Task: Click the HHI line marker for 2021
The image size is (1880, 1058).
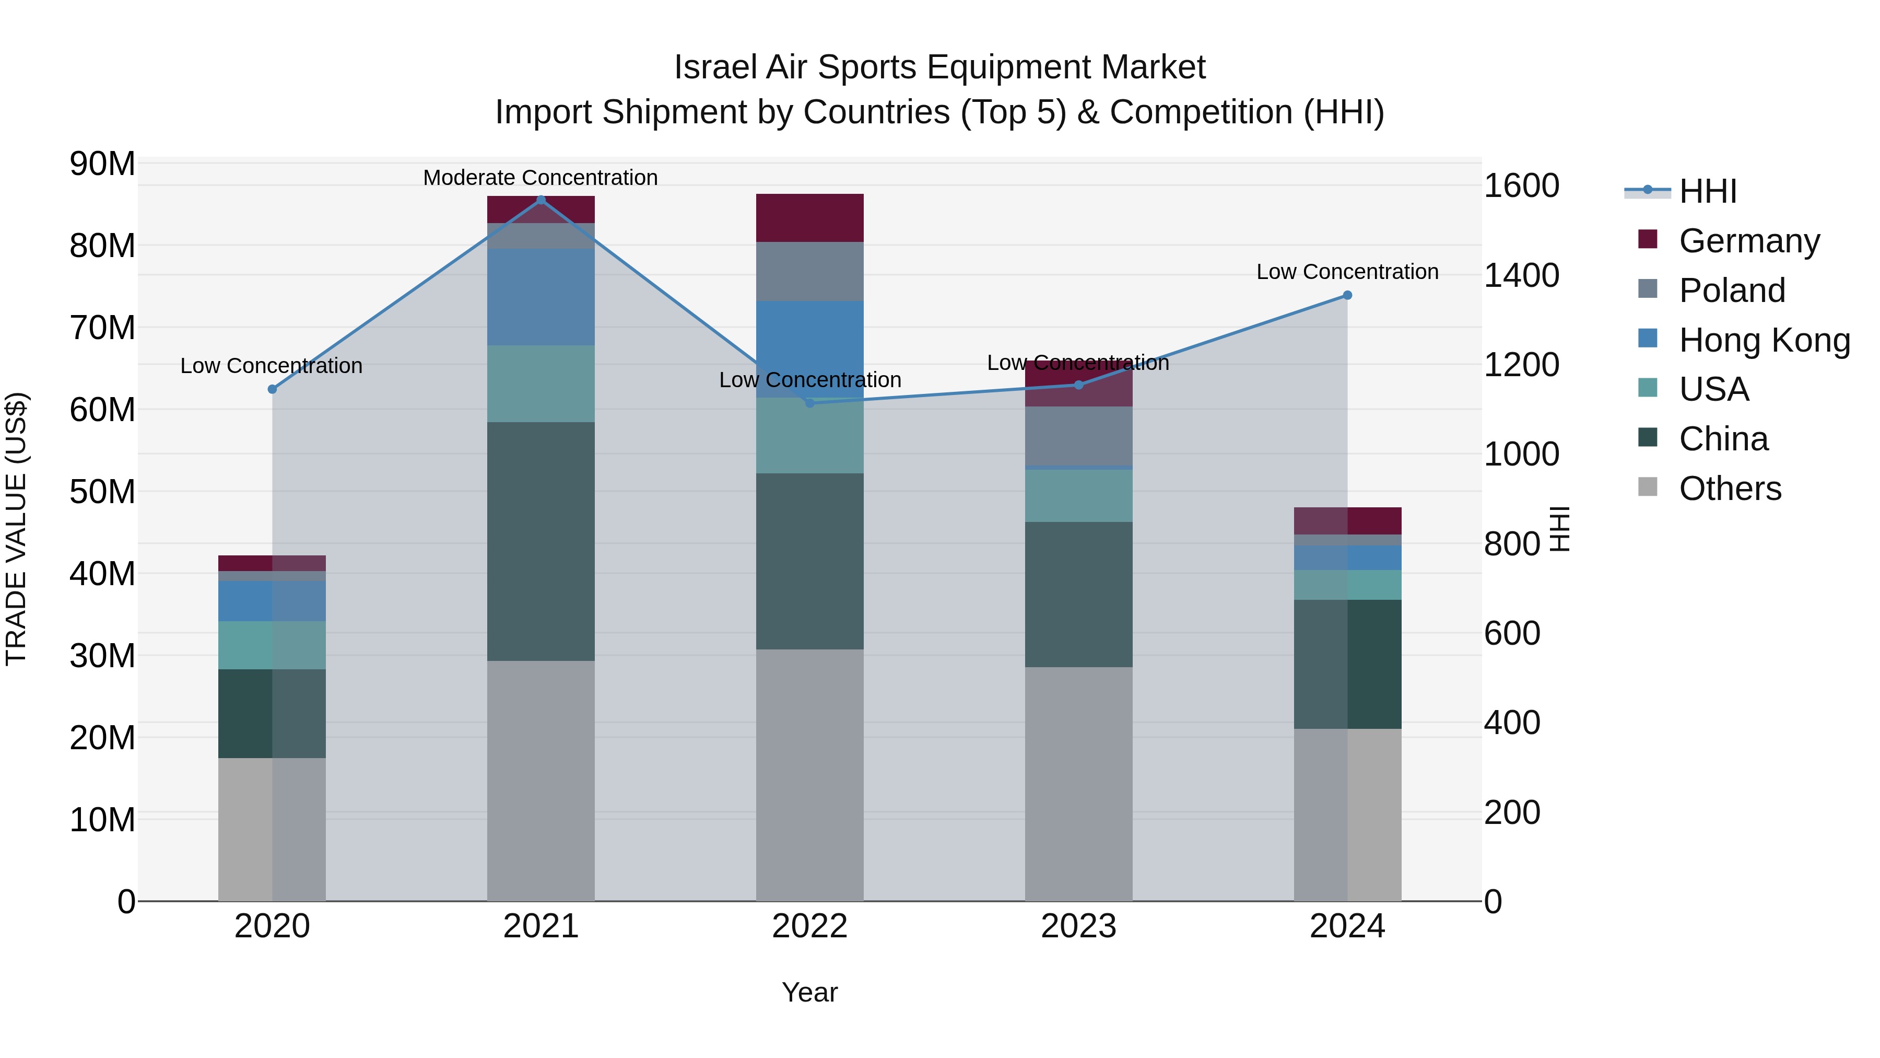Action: pyautogui.click(x=541, y=200)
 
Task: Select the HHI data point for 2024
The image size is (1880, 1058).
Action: pyautogui.click(x=1347, y=295)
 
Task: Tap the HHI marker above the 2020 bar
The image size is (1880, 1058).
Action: pyautogui.click(x=272, y=389)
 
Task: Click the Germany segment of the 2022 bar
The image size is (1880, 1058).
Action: pyautogui.click(x=809, y=217)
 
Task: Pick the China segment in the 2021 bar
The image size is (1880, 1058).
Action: pyautogui.click(x=541, y=541)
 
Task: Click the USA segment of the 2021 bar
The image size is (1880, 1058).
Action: pyautogui.click(x=541, y=383)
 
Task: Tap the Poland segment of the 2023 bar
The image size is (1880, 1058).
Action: pyautogui.click(x=1079, y=435)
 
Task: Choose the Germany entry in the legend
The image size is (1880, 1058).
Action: pyautogui.click(x=1748, y=241)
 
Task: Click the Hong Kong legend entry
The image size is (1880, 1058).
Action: pyautogui.click(x=1764, y=340)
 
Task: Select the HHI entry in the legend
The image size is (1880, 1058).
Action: pyautogui.click(x=1708, y=191)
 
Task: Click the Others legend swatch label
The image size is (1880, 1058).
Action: pyautogui.click(x=1730, y=489)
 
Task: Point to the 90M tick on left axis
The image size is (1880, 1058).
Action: pyautogui.click(x=102, y=164)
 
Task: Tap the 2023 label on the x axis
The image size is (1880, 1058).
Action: pyautogui.click(x=1079, y=926)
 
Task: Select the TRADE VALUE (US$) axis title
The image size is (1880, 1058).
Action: pyautogui.click(x=16, y=529)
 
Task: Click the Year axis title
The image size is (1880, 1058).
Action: pyautogui.click(x=809, y=992)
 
